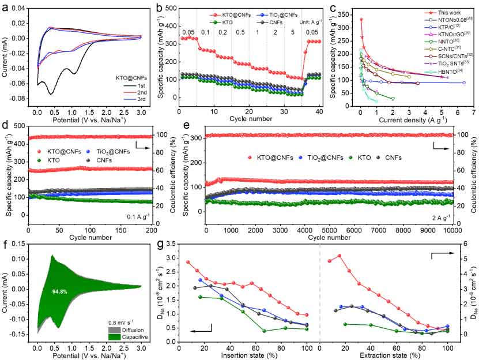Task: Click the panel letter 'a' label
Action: (x=5, y=7)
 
